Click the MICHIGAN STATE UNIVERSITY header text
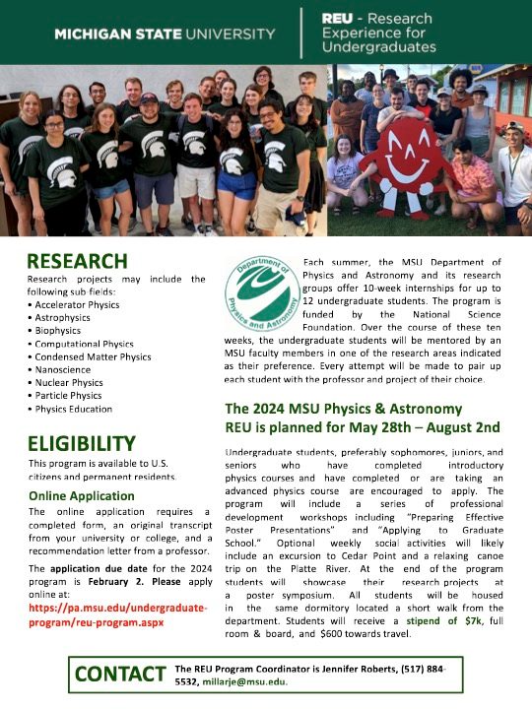165,33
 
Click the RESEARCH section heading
77,261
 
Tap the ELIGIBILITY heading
81,443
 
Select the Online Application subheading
87,495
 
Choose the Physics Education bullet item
74,409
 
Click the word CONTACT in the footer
120,675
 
